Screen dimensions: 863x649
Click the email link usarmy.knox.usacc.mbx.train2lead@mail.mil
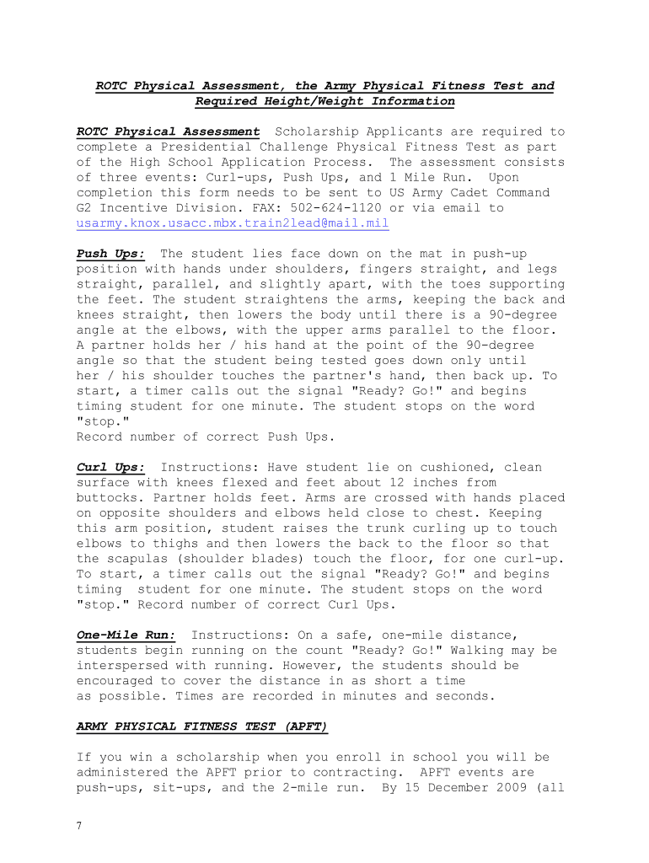(x=233, y=223)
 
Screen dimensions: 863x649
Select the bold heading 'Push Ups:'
(x=110, y=254)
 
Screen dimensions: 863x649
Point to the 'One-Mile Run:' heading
(x=126, y=635)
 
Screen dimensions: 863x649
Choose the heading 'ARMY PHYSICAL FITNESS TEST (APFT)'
(x=201, y=726)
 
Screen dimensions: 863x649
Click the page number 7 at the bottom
(x=79, y=826)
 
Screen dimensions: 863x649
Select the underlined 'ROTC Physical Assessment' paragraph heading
(x=168, y=132)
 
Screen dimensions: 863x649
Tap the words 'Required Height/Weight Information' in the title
(x=324, y=102)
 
